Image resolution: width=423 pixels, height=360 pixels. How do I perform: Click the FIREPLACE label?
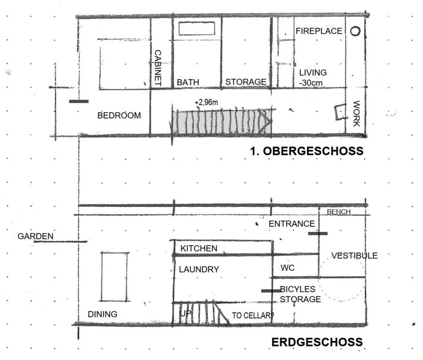(x=319, y=31)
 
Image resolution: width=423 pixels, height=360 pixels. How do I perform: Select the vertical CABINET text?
(x=157, y=68)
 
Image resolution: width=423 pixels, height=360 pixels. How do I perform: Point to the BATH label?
(x=188, y=82)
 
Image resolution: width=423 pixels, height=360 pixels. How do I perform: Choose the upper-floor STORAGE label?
(x=246, y=82)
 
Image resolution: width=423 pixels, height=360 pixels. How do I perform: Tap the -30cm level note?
(x=311, y=83)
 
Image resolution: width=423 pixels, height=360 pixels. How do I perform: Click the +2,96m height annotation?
(x=207, y=102)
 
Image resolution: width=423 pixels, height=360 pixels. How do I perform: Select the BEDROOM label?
(x=119, y=116)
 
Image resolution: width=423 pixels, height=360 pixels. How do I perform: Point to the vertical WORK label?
(x=356, y=114)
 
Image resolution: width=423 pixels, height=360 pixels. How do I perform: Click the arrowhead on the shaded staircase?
(x=269, y=122)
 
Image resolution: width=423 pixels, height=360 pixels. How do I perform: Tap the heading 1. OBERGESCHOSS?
(x=307, y=151)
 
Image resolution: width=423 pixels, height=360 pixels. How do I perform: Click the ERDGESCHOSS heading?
(x=317, y=342)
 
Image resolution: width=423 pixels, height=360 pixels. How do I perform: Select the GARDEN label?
(x=36, y=236)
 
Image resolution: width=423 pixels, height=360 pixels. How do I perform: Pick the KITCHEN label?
(x=199, y=249)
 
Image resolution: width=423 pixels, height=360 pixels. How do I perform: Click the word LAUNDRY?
(x=199, y=269)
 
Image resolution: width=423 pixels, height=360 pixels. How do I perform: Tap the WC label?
(x=288, y=268)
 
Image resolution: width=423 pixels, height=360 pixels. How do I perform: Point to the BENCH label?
(x=339, y=212)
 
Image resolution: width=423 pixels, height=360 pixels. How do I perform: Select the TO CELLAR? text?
(x=253, y=315)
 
